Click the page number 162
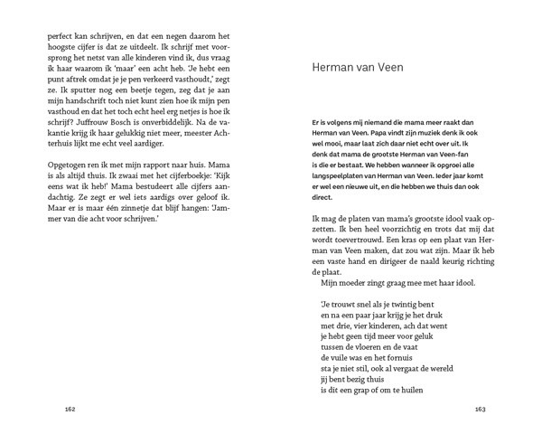coord(70,408)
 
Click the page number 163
coord(481,408)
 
